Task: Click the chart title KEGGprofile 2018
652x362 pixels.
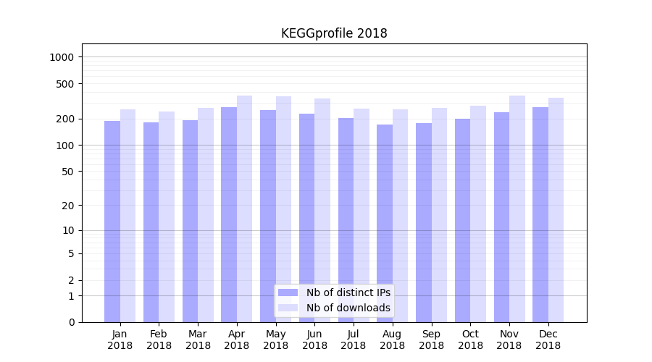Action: [334, 34]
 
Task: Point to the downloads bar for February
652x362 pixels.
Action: [167, 216]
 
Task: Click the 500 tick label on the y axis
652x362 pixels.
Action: [66, 84]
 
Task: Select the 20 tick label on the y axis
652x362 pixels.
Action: [68, 206]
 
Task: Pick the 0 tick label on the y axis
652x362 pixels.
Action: [71, 322]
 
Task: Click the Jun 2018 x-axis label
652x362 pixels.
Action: [314, 340]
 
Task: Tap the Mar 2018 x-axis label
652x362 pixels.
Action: [198, 340]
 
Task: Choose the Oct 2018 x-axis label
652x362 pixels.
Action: [470, 340]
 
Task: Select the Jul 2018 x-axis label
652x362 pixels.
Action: [354, 340]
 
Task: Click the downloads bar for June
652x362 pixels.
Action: [322, 210]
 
